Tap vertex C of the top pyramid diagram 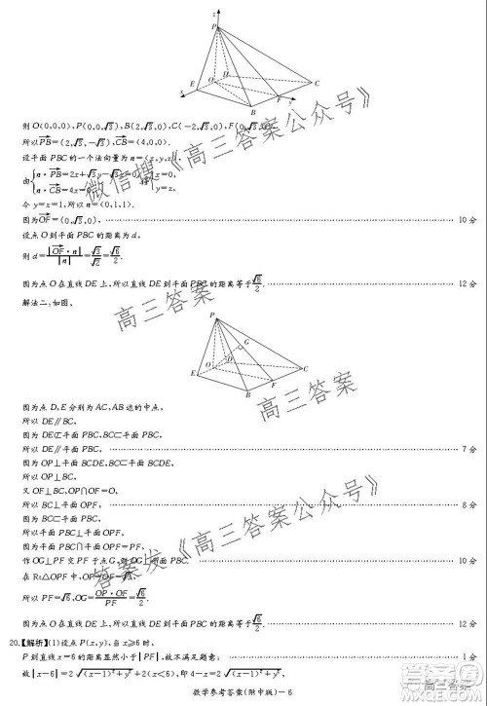click(x=317, y=84)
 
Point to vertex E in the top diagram click(x=192, y=83)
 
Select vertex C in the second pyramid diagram click(x=306, y=368)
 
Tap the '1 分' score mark click(x=468, y=658)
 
